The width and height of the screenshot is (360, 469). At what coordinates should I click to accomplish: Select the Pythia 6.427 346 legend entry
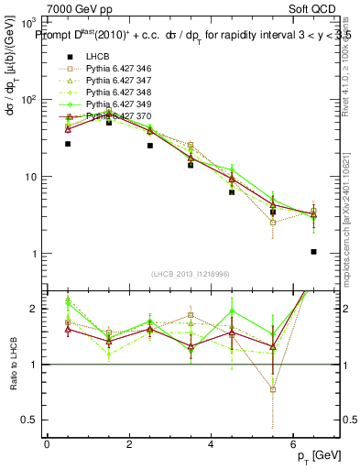point(115,70)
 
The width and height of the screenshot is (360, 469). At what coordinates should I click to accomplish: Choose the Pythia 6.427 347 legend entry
point(115,82)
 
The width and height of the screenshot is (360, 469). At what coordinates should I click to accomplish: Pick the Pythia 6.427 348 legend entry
point(115,93)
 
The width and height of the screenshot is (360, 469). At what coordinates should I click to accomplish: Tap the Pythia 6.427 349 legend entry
point(115,105)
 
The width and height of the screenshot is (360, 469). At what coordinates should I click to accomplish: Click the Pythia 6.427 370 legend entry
point(115,117)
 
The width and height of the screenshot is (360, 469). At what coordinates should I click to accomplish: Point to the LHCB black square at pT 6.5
point(313,252)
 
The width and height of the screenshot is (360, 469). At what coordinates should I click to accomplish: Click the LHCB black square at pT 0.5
point(68,144)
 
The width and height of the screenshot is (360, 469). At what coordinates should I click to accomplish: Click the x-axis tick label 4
point(212,444)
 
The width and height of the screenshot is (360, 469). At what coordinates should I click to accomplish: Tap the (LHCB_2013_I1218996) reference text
point(191,275)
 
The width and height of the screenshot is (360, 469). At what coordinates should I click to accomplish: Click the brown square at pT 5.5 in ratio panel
point(273,389)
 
